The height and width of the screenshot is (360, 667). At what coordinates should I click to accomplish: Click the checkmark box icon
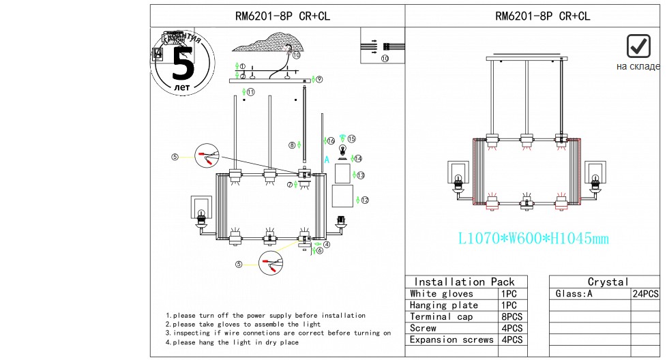coord(638,46)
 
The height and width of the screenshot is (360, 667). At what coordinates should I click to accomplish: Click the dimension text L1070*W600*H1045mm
coord(533,239)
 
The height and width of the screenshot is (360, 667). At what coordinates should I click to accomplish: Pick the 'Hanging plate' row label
coord(444,305)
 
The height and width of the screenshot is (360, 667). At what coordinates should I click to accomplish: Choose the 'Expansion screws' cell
coord(451,340)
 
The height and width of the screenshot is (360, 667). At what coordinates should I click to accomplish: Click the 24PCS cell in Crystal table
coord(645,294)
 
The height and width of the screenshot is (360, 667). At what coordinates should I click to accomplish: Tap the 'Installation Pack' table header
coord(464,282)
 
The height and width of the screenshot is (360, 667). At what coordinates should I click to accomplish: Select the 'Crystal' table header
coord(608,282)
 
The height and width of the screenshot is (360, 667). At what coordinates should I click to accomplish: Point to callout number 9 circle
coord(319,79)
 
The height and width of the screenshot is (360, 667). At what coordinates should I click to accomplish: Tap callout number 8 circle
coord(292,145)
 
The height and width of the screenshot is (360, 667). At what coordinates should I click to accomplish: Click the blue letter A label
coord(327,160)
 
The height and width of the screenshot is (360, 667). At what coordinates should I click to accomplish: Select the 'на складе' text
coord(638,67)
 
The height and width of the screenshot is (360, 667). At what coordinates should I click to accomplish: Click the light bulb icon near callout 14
coord(343,149)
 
